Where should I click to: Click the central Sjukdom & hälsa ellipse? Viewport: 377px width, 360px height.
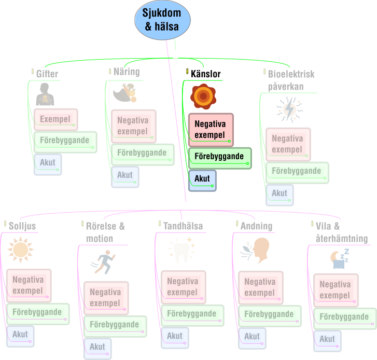162,20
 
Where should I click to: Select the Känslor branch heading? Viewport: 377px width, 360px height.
205,74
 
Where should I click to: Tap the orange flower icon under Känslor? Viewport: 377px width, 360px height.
203,96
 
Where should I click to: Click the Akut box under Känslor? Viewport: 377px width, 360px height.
202,181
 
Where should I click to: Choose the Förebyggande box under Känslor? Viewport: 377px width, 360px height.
220,158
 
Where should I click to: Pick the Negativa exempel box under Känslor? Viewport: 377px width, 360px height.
211,130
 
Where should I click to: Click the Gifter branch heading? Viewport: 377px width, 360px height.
47,74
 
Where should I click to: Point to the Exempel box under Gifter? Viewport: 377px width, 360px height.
56,119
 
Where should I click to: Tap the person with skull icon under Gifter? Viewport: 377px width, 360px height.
45,94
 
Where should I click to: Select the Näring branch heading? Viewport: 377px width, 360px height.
127,72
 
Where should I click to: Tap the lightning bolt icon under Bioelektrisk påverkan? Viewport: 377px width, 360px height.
289,109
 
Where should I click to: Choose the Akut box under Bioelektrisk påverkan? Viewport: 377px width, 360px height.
280,195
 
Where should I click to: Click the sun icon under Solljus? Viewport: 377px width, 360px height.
20,250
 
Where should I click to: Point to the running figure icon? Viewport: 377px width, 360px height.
103,262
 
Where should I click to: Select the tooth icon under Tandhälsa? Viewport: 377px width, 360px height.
181,251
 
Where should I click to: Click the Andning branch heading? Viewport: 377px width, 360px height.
256,226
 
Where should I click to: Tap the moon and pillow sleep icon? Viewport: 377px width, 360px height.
340,259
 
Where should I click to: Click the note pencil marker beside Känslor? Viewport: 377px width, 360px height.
187,71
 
